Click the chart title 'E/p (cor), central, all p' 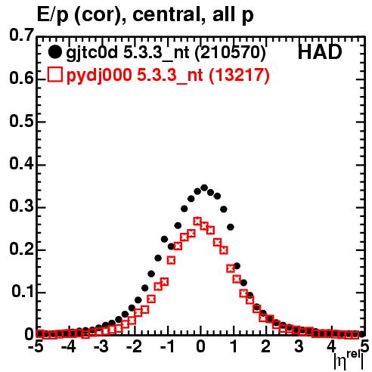tap(145, 15)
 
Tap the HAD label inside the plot tap(320, 52)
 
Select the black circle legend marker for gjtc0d tap(54, 52)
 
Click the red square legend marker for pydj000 tap(54, 74)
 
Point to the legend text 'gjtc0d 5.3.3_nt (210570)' tap(166, 52)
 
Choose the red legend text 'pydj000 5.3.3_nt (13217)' tap(168, 75)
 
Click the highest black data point tap(204, 188)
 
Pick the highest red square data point tap(197, 222)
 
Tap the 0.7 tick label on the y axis tap(21, 35)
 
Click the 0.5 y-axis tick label tap(21, 122)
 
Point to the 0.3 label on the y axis tap(21, 206)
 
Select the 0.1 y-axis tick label tap(22, 292)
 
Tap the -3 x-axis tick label tap(101, 347)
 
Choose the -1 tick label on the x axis tap(168, 347)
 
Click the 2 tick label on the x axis tap(266, 347)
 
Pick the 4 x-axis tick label tap(332, 347)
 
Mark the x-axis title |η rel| tap(349, 361)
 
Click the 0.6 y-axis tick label tap(21, 79)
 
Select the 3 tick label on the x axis tap(299, 347)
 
